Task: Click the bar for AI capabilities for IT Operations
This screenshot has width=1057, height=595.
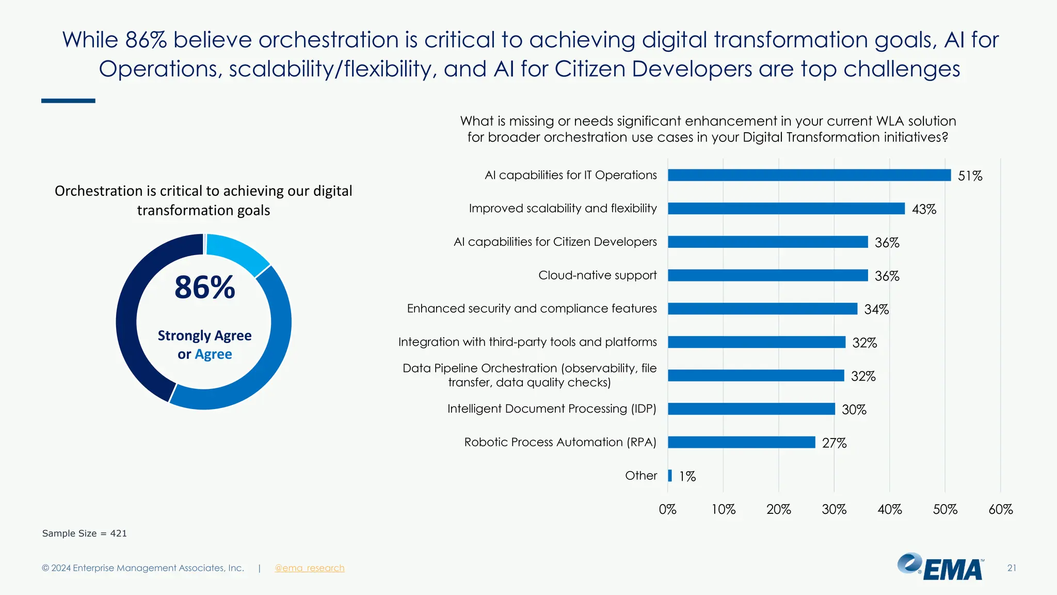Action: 809,175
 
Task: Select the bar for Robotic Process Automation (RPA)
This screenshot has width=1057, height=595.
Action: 741,442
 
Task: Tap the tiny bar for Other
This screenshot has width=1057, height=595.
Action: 670,476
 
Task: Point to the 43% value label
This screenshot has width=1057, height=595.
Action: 924,209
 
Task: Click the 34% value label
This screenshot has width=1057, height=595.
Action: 876,309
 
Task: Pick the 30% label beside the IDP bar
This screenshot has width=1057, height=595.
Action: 854,410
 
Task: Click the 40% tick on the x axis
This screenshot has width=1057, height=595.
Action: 889,510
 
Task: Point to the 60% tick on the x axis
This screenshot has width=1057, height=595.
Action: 1000,510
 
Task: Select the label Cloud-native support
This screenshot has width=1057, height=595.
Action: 597,275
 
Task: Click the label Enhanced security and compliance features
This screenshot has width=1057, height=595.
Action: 532,308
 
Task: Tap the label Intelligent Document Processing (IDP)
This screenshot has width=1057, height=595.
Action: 551,409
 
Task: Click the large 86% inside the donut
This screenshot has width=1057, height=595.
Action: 204,288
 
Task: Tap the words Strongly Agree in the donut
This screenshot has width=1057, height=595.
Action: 204,336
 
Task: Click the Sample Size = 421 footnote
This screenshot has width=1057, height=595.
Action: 84,534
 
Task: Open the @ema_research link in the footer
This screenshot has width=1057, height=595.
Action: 309,568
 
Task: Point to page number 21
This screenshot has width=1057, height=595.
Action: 1011,568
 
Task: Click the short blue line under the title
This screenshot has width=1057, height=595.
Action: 68,101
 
